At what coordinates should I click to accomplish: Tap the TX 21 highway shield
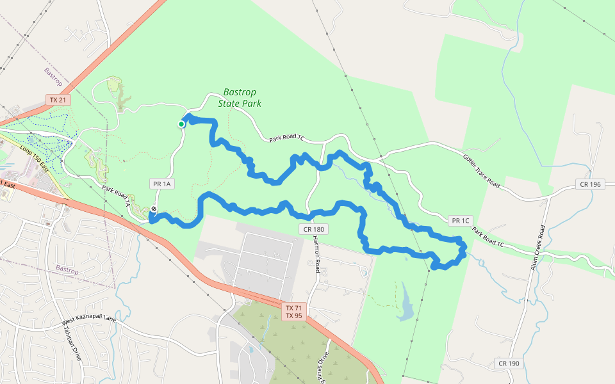click(x=58, y=100)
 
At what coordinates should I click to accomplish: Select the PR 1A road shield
click(x=163, y=184)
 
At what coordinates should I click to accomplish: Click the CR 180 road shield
click(x=313, y=229)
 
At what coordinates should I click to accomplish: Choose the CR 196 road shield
click(x=591, y=184)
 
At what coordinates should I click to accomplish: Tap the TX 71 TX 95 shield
click(x=293, y=312)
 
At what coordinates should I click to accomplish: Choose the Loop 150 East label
click(x=35, y=160)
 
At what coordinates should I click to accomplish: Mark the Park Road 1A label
click(x=117, y=196)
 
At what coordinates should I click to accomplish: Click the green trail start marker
click(x=181, y=124)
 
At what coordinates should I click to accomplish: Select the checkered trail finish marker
click(x=154, y=209)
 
